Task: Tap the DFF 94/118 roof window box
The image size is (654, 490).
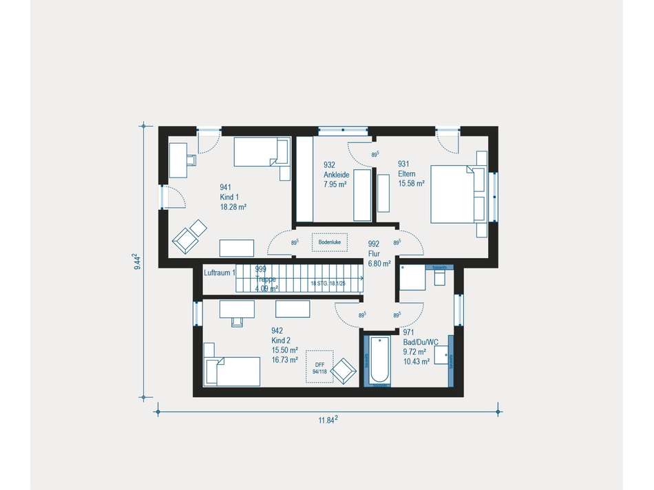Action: (x=319, y=368)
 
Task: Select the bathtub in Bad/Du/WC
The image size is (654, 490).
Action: (x=377, y=360)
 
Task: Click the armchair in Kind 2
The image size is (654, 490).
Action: (x=344, y=371)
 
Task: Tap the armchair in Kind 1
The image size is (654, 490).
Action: (x=189, y=237)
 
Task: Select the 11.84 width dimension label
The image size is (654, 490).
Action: (x=326, y=419)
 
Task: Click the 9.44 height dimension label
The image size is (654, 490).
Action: (x=138, y=262)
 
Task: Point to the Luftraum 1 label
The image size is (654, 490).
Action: (x=220, y=273)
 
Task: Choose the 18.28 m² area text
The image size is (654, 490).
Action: (x=233, y=206)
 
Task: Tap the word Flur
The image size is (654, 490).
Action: (x=375, y=253)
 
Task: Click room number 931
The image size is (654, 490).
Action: (x=403, y=164)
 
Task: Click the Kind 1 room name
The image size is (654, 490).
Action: (x=229, y=197)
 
